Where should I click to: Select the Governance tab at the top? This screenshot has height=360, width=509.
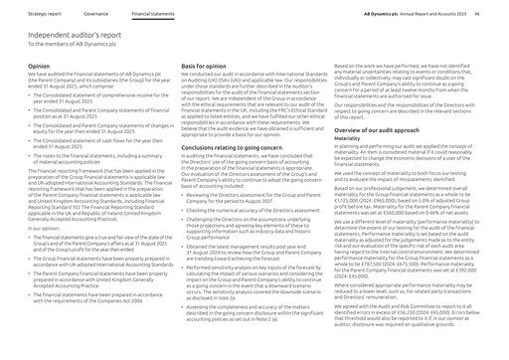(96, 15)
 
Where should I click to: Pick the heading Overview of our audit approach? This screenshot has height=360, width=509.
(385, 130)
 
